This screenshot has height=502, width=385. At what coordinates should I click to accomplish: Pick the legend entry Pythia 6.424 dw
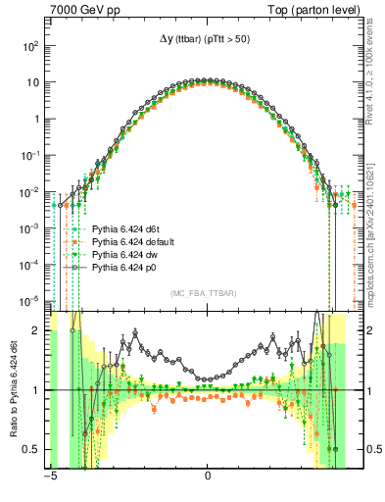coord(122,253)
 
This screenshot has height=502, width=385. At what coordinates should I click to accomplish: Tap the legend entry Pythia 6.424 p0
coord(122,267)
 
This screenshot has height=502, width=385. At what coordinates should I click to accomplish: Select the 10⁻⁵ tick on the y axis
coord(30,300)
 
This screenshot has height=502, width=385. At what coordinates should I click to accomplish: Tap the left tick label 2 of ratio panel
coord(37,331)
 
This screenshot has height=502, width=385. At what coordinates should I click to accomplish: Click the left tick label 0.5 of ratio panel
coord(33,450)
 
